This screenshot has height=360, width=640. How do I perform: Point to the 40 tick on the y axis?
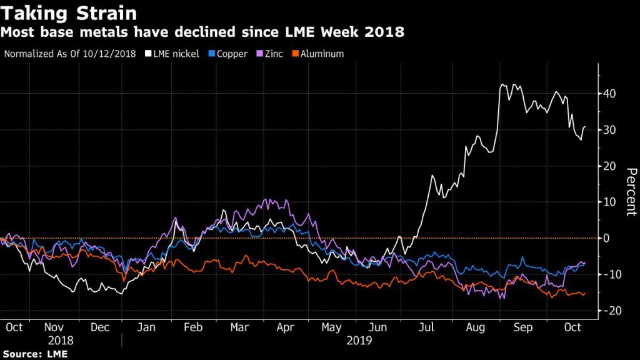[609, 94]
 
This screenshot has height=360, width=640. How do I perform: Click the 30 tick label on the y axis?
[609, 130]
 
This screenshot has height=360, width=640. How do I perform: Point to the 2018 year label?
[61, 341]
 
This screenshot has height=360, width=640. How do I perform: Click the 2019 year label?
[359, 341]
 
